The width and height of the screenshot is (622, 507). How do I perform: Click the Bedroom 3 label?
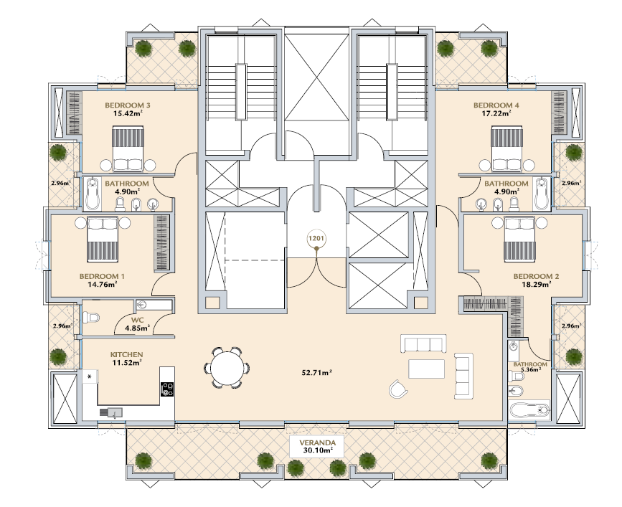coord(127,105)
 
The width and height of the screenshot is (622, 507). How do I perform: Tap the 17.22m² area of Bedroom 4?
coord(496,113)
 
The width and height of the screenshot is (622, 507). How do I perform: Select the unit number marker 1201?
coord(316,239)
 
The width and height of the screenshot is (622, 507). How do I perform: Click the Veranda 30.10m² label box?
coord(317,446)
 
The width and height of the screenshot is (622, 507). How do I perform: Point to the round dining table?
coord(226,367)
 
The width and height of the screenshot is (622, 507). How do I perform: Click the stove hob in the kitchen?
coord(167,389)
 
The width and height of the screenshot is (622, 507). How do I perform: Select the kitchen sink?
coord(111,412)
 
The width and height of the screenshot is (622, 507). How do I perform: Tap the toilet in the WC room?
coord(91,317)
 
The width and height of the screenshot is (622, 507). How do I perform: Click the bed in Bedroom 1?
coord(103,240)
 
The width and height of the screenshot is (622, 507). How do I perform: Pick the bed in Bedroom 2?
coord(519,240)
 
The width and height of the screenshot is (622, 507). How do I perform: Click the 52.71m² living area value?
coord(317,373)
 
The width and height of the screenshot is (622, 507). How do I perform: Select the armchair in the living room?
coord(398,389)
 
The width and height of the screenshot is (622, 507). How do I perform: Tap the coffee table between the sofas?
coord(426,369)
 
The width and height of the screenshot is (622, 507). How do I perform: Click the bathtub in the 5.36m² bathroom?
coord(529,410)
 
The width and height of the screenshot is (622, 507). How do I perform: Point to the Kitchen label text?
coord(126,355)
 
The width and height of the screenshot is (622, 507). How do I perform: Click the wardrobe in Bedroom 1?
coord(161,243)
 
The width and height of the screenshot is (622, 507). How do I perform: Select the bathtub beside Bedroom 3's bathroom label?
coord(93,194)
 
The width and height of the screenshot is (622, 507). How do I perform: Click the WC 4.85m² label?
coord(137,324)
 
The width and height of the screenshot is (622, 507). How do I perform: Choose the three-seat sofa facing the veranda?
coord(423,343)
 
